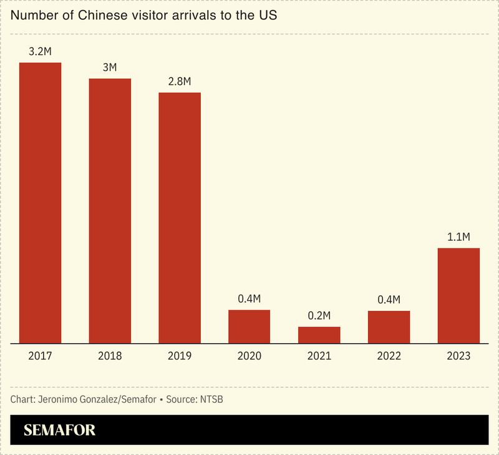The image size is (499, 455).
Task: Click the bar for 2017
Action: tap(40, 203)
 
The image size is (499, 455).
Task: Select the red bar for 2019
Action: tap(180, 218)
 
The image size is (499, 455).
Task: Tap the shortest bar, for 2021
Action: tap(319, 335)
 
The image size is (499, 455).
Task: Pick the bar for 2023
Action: tap(458, 296)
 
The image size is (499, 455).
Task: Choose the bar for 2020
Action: tap(249, 326)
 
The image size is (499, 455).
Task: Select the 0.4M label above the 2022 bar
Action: tap(389, 300)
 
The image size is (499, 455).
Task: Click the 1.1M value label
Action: tap(458, 237)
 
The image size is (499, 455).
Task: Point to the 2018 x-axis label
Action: tap(110, 356)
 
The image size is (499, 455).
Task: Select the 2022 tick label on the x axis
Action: tap(389, 356)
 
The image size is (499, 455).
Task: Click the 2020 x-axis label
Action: tap(249, 356)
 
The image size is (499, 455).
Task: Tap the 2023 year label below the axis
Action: tap(458, 356)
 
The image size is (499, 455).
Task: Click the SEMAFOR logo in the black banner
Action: tap(59, 430)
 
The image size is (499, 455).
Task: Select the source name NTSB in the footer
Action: tap(210, 399)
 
